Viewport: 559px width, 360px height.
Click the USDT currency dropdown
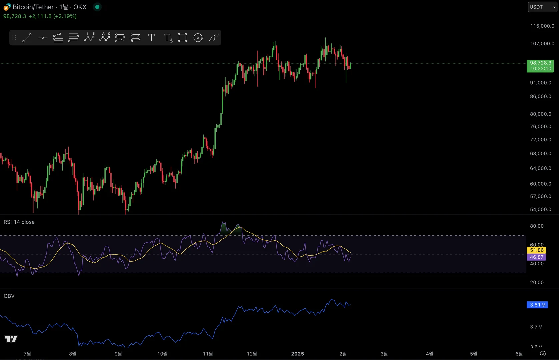point(542,7)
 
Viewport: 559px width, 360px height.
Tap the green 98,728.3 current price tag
point(540,66)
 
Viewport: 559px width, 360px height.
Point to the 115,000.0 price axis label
point(542,26)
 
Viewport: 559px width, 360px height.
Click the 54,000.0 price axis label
point(540,209)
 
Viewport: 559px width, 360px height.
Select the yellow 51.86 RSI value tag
point(536,250)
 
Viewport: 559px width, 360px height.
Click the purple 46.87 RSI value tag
point(536,257)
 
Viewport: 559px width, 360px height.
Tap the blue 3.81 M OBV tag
point(537,305)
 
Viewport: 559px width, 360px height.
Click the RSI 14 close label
point(19,222)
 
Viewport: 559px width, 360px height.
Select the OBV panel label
point(9,296)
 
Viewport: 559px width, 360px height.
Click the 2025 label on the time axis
point(297,354)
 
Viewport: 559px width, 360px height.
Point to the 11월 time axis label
point(208,354)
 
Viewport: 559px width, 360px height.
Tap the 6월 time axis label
point(519,354)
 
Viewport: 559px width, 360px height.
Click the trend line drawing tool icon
point(27,38)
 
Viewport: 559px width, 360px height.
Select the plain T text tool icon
point(151,38)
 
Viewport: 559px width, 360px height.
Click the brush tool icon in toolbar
point(214,38)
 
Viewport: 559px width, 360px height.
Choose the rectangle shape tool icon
point(182,38)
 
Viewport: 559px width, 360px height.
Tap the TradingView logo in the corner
point(11,339)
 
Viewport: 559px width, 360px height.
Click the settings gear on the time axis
point(543,354)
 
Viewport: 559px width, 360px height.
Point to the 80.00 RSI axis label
point(537,226)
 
